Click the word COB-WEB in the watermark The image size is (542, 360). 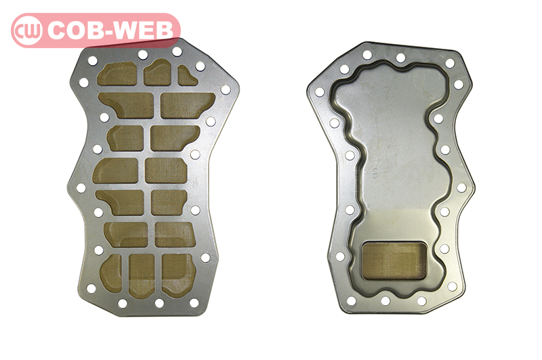[110, 31]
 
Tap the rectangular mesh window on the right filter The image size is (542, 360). [394, 260]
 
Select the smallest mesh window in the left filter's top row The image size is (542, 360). [187, 76]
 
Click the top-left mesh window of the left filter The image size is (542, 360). [117, 74]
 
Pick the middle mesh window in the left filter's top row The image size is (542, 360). [157, 73]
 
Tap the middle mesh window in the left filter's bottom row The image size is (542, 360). [142, 276]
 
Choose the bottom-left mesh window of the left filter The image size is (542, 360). [111, 273]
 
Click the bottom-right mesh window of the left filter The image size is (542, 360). [178, 276]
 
